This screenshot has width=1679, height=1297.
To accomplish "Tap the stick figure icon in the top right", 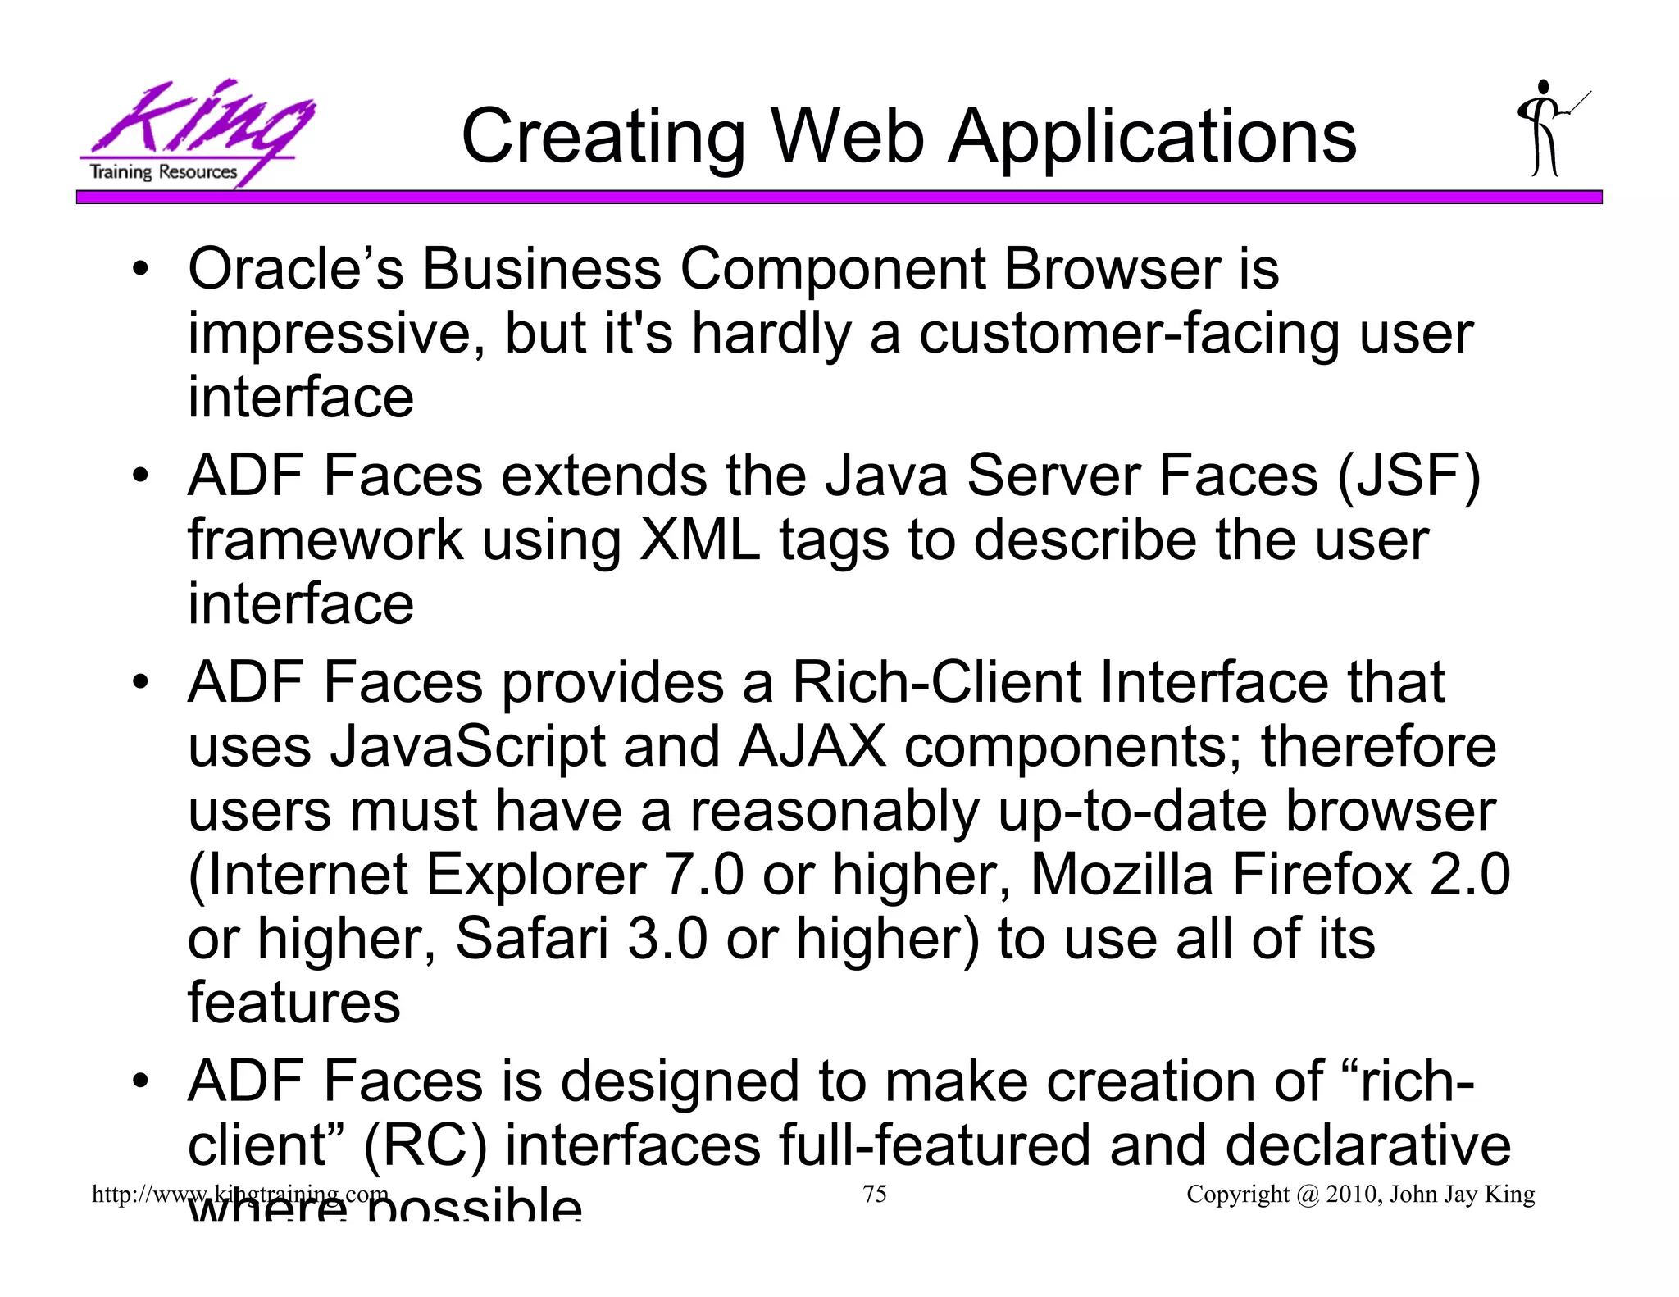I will coord(1548,129).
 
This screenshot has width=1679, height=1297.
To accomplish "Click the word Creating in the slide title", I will coord(603,137).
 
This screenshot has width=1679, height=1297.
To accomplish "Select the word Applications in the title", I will coord(1152,137).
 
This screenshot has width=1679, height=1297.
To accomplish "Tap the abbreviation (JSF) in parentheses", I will coord(1408,476).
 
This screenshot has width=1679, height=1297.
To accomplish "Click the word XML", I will coord(699,540).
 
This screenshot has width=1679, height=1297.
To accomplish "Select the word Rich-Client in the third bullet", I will coord(936,683).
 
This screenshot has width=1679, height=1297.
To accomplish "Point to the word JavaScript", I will coord(467,747).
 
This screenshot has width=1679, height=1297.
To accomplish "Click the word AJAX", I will coord(812,747).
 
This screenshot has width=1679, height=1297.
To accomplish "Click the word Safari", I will coord(531,939).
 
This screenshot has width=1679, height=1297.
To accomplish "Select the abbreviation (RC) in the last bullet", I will coord(425,1145).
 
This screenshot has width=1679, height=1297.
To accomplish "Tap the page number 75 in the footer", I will coord(875,1194).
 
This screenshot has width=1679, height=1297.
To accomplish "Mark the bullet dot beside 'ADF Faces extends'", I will coord(141,476).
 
